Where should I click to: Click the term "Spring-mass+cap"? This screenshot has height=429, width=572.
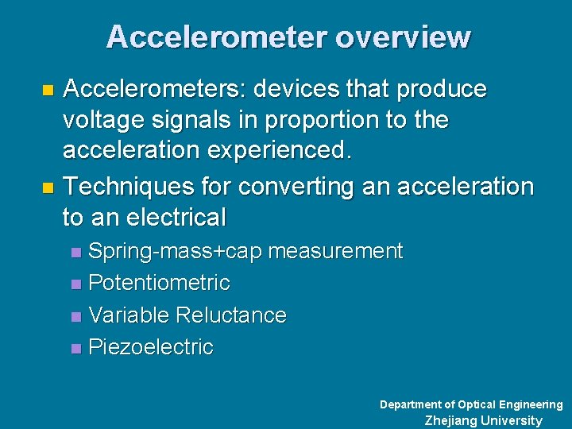point(176,252)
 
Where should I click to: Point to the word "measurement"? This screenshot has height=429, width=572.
point(335,252)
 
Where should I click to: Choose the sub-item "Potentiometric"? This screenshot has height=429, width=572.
point(159,283)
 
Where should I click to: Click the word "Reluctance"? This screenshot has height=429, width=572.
point(231,315)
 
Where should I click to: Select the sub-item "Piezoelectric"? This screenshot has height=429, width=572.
point(151,347)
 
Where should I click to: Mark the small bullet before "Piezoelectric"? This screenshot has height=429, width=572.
point(75,348)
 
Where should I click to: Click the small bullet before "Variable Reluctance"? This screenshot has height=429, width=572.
point(75,316)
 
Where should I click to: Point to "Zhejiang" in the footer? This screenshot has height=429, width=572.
point(450,421)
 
